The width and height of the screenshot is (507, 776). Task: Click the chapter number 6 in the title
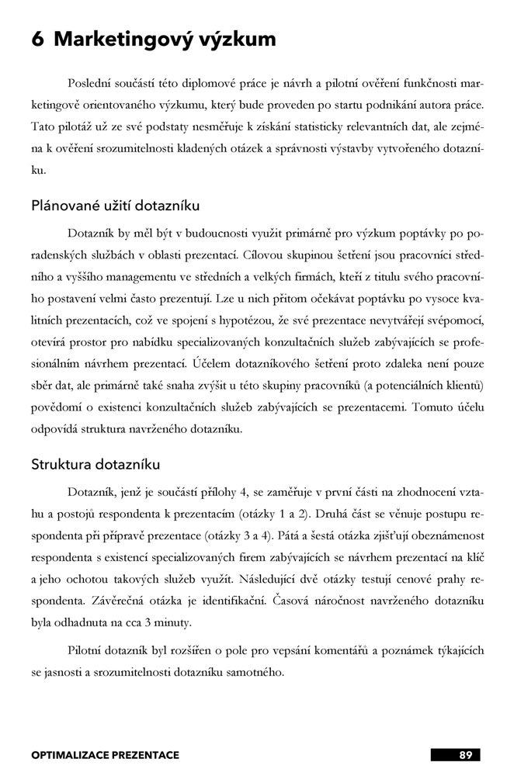pyautogui.click(x=37, y=40)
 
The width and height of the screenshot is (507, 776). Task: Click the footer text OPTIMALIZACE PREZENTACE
pyautogui.click(x=105, y=754)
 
